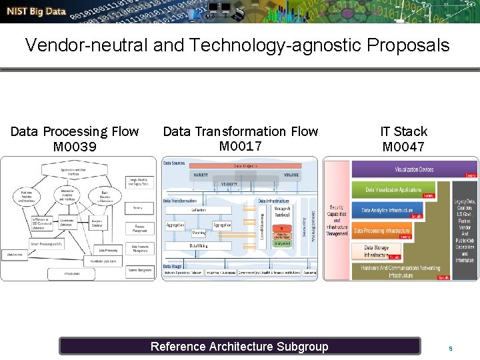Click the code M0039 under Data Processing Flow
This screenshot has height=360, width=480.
point(75,146)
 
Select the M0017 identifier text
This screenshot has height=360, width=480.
point(240,146)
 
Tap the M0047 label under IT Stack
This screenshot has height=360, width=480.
point(403,146)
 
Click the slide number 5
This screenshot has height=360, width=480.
point(451,349)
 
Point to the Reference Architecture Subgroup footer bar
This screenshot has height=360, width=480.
point(239,346)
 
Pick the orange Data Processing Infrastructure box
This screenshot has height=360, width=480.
point(382,231)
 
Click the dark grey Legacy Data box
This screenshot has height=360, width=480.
point(465,230)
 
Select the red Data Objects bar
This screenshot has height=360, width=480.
point(246,166)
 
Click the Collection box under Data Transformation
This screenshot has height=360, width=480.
point(199,209)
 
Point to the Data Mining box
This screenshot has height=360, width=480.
point(198,246)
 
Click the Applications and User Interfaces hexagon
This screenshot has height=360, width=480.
point(73,171)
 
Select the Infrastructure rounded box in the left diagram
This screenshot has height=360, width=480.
point(72,273)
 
